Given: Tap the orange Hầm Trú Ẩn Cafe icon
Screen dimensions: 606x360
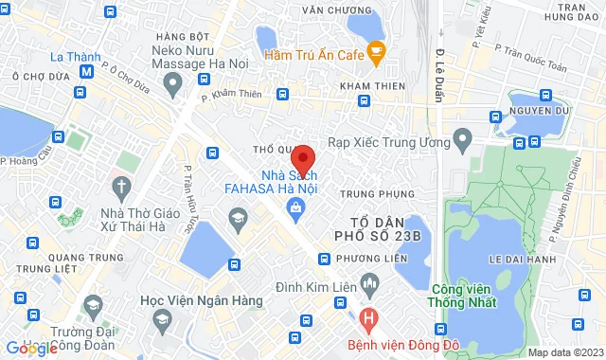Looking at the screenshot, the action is [376, 53].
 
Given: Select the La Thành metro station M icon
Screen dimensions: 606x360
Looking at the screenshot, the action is [86, 71].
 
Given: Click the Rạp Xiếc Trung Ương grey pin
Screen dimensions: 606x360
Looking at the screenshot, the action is [463, 142].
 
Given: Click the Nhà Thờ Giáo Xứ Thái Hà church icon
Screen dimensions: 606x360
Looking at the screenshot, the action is [121, 186].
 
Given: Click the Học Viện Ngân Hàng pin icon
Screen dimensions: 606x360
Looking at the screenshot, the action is [93, 305].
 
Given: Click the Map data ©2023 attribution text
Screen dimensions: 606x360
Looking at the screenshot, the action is [564, 352].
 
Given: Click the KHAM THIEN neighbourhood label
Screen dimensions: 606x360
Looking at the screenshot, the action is [365, 85].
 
